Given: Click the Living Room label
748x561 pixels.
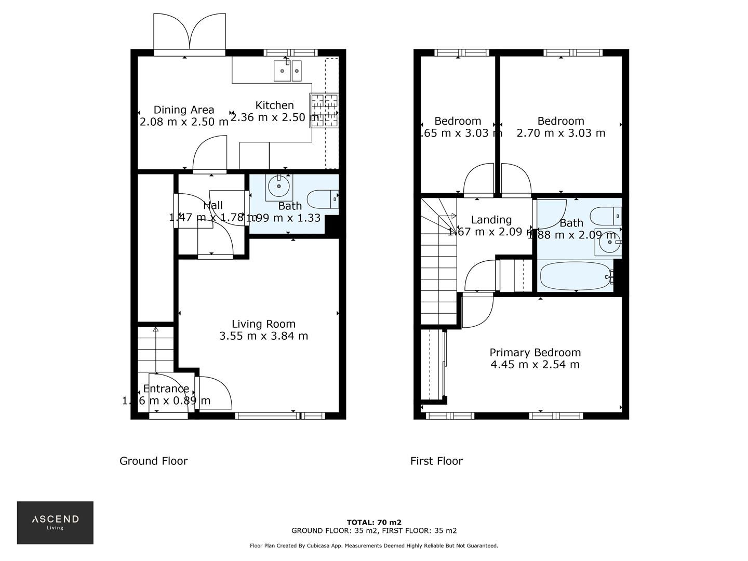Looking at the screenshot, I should pyautogui.click(x=263, y=324).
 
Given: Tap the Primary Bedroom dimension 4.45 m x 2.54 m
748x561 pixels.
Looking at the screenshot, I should pyautogui.click(x=535, y=365).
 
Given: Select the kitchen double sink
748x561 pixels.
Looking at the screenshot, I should pyautogui.click(x=288, y=70).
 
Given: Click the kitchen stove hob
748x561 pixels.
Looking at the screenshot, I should pyautogui.click(x=324, y=110).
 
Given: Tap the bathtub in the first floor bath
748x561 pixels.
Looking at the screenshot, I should pyautogui.click(x=576, y=276).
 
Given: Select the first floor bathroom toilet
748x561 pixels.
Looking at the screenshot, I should pyautogui.click(x=605, y=215).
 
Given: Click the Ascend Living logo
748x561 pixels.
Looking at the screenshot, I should pyautogui.click(x=55, y=522).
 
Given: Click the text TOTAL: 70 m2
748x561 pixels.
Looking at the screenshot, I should pyautogui.click(x=374, y=523).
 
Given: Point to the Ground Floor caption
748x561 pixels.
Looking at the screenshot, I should pyautogui.click(x=153, y=461).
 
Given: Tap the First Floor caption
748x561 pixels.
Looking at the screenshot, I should pyautogui.click(x=436, y=461).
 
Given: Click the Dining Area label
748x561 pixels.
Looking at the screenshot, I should pyautogui.click(x=184, y=110).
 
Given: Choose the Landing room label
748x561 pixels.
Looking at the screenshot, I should pyautogui.click(x=491, y=220).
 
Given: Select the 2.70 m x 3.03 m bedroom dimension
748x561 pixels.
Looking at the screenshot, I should pyautogui.click(x=560, y=133).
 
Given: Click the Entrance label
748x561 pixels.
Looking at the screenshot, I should pyautogui.click(x=166, y=389).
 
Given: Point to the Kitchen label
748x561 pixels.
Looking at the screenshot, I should pyautogui.click(x=274, y=105).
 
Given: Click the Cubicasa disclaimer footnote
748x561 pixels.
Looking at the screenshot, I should pyautogui.click(x=374, y=545).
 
